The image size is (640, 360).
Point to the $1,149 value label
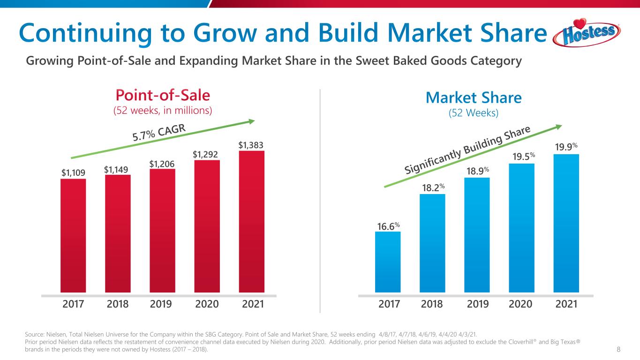click(117, 169)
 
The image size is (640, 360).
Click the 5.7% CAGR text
click(159, 132)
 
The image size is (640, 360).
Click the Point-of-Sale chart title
click(163, 96)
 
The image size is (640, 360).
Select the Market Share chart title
click(474, 97)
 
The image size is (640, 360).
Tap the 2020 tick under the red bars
click(207, 304)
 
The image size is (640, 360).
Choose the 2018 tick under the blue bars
click(432, 304)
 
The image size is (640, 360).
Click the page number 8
click(619, 349)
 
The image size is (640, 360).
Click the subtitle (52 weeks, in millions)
click(163, 111)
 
